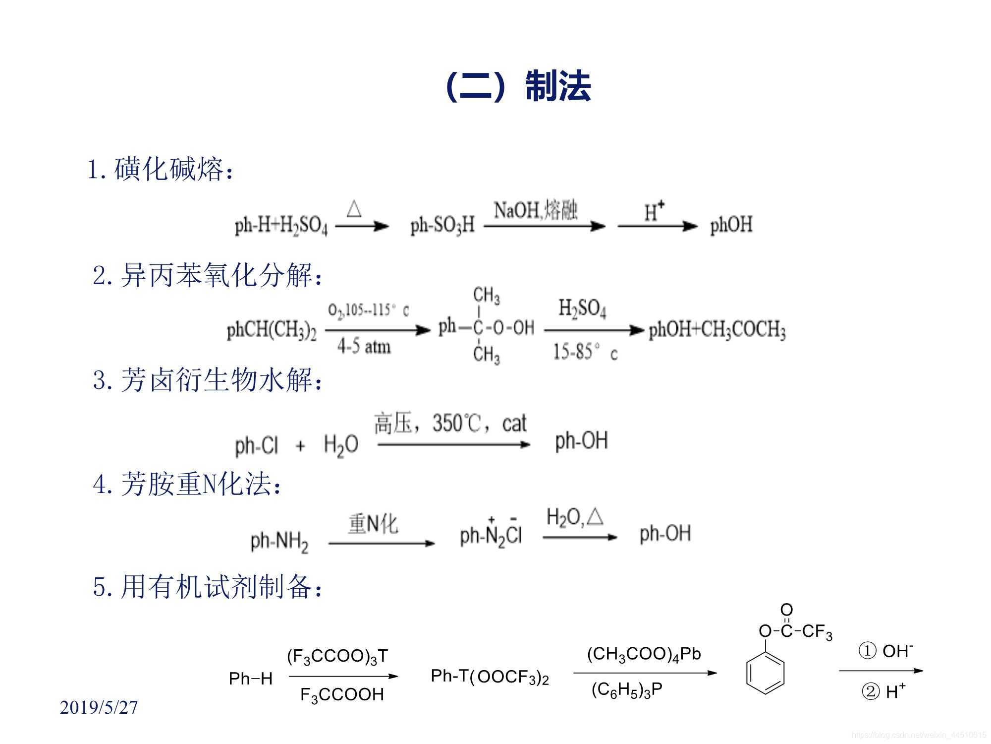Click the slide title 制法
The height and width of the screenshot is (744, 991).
click(x=558, y=86)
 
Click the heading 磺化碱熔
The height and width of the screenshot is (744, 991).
click(x=168, y=170)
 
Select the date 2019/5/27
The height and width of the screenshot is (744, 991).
click(x=99, y=707)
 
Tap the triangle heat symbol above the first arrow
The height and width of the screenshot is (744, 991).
click(x=354, y=209)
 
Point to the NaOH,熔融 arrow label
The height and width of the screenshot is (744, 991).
click(x=536, y=210)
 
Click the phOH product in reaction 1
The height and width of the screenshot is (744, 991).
click(x=731, y=225)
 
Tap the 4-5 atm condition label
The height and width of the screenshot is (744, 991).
click(x=364, y=347)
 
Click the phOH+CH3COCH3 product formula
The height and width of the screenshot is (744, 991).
click(x=717, y=330)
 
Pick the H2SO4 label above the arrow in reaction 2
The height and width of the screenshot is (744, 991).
click(x=582, y=309)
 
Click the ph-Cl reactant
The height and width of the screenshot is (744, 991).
click(x=257, y=445)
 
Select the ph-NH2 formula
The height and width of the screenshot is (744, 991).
click(x=279, y=541)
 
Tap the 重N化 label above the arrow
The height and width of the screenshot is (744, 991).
click(x=373, y=524)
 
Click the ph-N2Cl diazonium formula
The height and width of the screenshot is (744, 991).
click(x=491, y=535)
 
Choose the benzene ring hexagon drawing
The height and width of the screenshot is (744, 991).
click(x=765, y=673)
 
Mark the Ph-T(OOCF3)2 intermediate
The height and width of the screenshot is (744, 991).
click(x=490, y=677)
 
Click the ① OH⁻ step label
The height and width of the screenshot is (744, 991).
click(x=885, y=651)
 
